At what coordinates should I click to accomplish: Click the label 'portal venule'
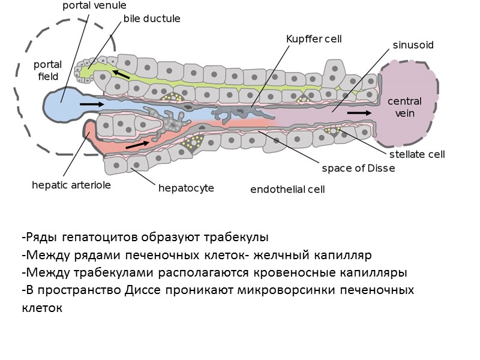pyautogui.click(x=94, y=5)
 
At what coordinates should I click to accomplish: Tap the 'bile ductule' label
pyautogui.click(x=152, y=19)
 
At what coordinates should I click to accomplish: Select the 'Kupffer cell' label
pyautogui.click(x=314, y=39)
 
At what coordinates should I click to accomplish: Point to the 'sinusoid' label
pyautogui.click(x=413, y=45)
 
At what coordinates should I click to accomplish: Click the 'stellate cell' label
pyautogui.click(x=417, y=154)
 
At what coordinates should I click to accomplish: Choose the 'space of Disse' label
pyautogui.click(x=358, y=168)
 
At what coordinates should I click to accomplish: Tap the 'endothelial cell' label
pyautogui.click(x=287, y=190)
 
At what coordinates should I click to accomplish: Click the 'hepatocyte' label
pyautogui.click(x=186, y=188)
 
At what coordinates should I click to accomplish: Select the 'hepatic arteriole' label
pyautogui.click(x=71, y=185)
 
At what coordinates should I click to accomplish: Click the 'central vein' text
pyautogui.click(x=404, y=107)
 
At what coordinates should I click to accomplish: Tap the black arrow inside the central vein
pyautogui.click(x=359, y=112)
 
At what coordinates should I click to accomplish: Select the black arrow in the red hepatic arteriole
pyautogui.click(x=138, y=145)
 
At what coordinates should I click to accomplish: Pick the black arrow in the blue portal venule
pyautogui.click(x=91, y=104)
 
